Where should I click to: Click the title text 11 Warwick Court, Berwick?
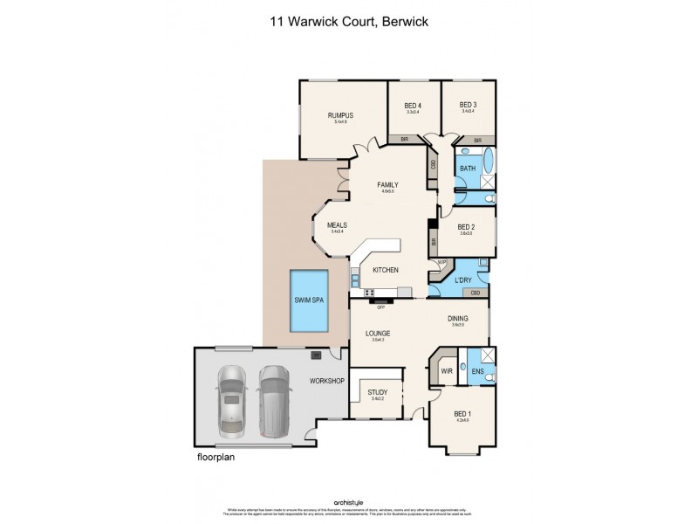(348, 16)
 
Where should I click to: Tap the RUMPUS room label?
(339, 115)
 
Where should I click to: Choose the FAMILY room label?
(387, 185)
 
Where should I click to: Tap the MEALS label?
(337, 225)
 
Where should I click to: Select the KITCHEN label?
(385, 270)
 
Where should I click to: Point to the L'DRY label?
(463, 279)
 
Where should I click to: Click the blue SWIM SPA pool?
(309, 299)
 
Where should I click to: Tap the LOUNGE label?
(378, 334)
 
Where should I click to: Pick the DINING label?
(458, 319)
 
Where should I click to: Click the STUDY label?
(377, 393)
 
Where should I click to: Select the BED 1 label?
(462, 414)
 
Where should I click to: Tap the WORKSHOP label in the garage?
(328, 382)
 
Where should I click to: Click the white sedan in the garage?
(232, 401)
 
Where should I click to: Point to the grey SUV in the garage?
(274, 401)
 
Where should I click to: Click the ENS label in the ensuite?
(478, 370)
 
